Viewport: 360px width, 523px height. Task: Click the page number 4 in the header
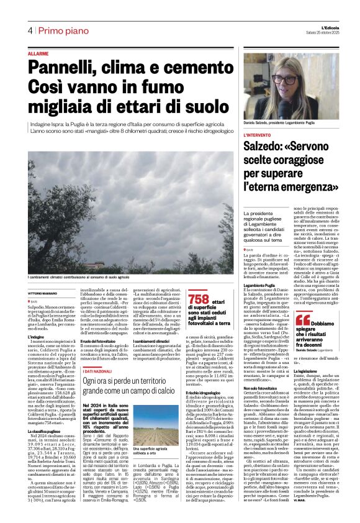click(29, 30)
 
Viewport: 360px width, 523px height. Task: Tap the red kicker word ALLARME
click(38, 55)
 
